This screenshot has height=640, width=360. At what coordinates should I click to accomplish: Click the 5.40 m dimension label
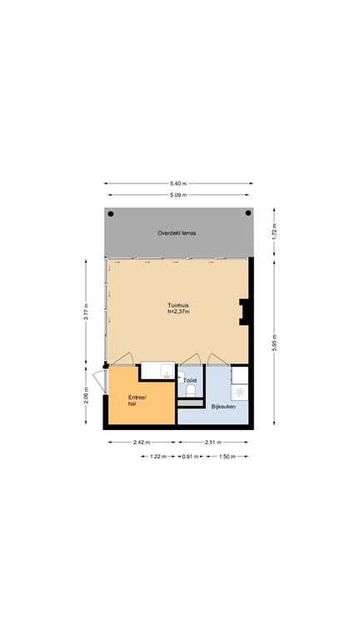(x=177, y=183)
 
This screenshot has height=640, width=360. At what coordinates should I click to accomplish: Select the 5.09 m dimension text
(x=177, y=196)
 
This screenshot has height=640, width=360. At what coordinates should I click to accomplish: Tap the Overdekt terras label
(x=177, y=233)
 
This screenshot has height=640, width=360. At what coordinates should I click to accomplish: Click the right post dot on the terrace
(x=247, y=214)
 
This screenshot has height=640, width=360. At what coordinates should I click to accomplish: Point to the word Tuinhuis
(x=177, y=306)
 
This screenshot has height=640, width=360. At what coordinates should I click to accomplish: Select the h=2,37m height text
(x=177, y=312)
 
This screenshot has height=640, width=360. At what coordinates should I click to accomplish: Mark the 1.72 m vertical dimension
(x=275, y=232)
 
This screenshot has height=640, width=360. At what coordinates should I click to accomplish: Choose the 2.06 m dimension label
(x=86, y=395)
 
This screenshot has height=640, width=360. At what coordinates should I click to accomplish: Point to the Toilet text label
(x=190, y=380)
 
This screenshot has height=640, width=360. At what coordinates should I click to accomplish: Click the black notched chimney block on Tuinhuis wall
(x=244, y=311)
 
